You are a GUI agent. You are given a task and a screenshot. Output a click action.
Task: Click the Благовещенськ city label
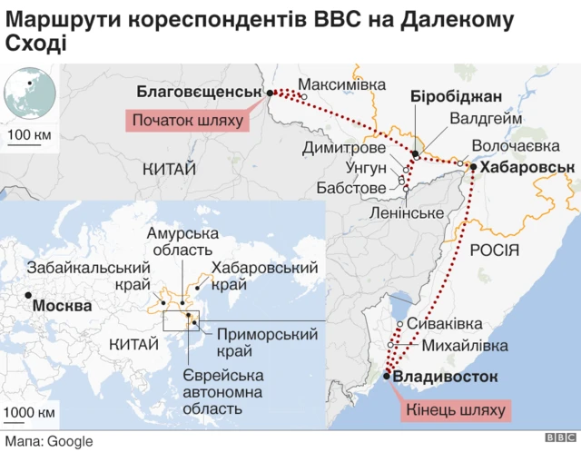pos(198,91)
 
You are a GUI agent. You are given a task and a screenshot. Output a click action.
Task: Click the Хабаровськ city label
pos(527,167)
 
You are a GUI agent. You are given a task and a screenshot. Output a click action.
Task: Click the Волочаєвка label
pos(514,146)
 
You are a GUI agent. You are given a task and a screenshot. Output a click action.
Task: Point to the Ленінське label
pos(406,212)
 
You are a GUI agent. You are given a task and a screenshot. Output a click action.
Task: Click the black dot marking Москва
pos(29,296)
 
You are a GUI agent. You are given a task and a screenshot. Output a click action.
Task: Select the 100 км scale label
pos(30,136)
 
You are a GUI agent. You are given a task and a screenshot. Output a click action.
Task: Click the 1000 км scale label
pos(28,413)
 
